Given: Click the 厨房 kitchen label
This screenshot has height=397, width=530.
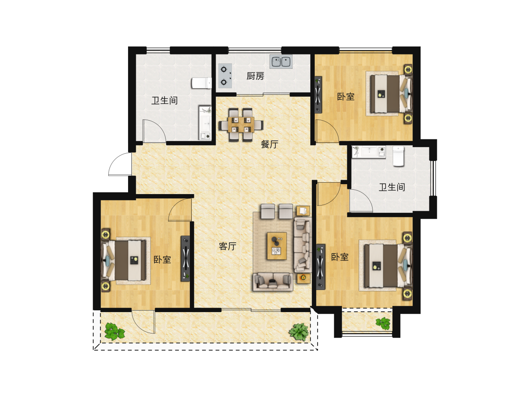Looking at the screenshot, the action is [x=255, y=76].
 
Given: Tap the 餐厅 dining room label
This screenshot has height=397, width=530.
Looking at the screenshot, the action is [x=269, y=144].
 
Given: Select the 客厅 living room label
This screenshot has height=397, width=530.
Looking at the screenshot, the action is [x=227, y=246].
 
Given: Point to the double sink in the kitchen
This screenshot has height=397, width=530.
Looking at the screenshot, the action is [x=281, y=61].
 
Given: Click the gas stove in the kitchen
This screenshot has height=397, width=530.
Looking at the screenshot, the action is [x=225, y=76].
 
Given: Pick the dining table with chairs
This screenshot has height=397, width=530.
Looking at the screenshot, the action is [x=241, y=124].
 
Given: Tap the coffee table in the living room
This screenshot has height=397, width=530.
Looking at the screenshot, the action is [x=277, y=246].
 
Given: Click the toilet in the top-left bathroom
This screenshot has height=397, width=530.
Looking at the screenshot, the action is [x=202, y=83].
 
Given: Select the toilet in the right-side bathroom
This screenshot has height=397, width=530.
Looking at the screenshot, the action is [x=398, y=156].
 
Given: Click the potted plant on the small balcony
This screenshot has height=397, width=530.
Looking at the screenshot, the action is [x=383, y=323].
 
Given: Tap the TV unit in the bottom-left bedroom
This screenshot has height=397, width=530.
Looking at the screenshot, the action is [x=185, y=258].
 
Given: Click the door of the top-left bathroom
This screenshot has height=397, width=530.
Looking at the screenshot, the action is [x=154, y=131].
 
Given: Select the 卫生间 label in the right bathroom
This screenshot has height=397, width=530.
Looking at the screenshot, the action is [x=392, y=187].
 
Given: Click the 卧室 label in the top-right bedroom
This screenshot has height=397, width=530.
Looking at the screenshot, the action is [x=346, y=97].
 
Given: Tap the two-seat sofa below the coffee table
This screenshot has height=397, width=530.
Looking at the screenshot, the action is [x=273, y=282].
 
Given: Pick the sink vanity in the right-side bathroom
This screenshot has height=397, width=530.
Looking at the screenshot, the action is [x=368, y=151].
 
